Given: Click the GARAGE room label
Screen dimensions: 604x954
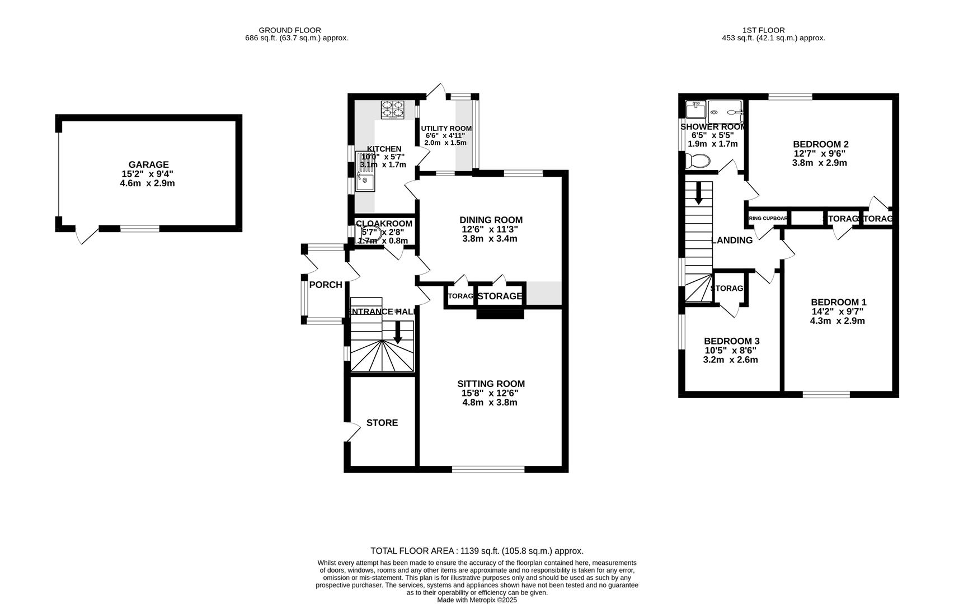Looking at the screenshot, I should pyautogui.click(x=148, y=164).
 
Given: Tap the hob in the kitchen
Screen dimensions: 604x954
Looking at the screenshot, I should pyautogui.click(x=392, y=110).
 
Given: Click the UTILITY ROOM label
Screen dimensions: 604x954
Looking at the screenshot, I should pyautogui.click(x=446, y=128).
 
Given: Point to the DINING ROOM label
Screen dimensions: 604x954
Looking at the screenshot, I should pyautogui.click(x=491, y=220).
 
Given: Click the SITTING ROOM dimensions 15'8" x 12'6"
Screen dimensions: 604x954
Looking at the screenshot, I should pyautogui.click(x=490, y=393).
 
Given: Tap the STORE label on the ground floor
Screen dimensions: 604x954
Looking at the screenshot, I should pyautogui.click(x=382, y=423).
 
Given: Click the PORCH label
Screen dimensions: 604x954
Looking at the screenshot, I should pyautogui.click(x=326, y=285).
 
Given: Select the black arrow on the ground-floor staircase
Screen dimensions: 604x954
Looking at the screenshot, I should pyautogui.click(x=398, y=332).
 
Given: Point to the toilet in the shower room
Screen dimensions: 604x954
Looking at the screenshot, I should pyautogui.click(x=698, y=161).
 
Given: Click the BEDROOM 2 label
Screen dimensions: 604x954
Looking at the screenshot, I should pyautogui.click(x=820, y=144).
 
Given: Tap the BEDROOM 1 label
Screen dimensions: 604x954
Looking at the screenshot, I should pyautogui.click(x=838, y=302).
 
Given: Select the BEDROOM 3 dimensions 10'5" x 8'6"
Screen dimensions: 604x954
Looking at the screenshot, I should pyautogui.click(x=731, y=351).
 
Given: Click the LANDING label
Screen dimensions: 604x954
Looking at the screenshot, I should pyautogui.click(x=732, y=240).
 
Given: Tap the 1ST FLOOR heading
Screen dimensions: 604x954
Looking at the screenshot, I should pyautogui.click(x=763, y=30).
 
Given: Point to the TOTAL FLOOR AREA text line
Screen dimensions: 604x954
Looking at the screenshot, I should pyautogui.click(x=477, y=551).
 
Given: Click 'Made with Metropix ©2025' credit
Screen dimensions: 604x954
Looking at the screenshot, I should pyautogui.click(x=477, y=600).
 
